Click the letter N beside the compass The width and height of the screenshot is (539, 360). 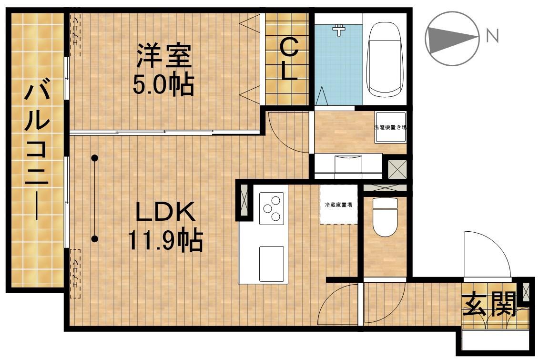tap(492, 36)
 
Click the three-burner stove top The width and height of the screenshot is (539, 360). tap(271, 208)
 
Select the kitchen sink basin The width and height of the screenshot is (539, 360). tap(271, 263)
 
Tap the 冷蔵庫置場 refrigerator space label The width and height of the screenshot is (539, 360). tap(338, 205)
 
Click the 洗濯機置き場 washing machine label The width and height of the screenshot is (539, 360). tap(390, 128)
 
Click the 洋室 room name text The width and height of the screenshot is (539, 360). tap(163, 56)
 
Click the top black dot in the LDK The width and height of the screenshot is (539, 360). tap(95, 158)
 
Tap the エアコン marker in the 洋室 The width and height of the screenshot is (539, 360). tap(75, 35)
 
